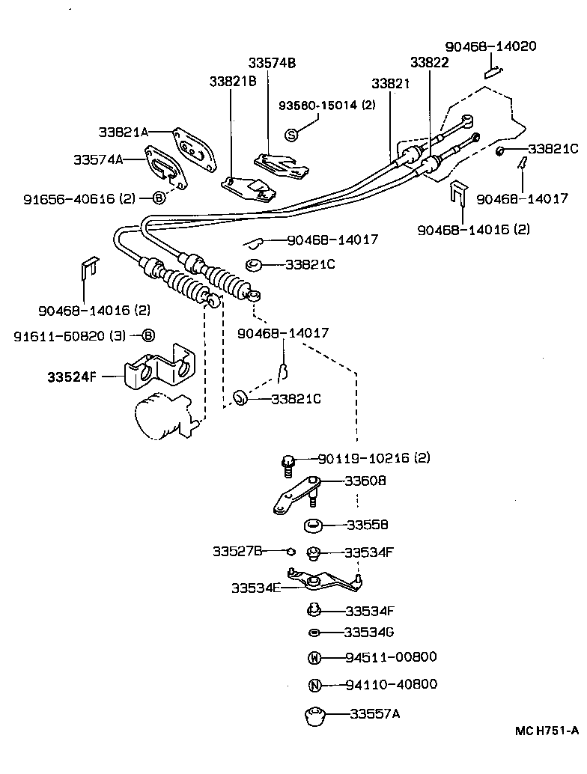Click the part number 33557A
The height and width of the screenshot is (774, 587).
pyautogui.click(x=374, y=713)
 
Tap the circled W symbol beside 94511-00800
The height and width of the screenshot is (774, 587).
pyautogui.click(x=314, y=658)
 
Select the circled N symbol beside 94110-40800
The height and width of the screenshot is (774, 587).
pyautogui.click(x=314, y=685)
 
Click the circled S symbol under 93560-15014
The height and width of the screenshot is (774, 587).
pyautogui.click(x=293, y=134)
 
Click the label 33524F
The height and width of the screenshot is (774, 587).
pyautogui.click(x=72, y=377)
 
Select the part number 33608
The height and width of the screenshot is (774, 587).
pyautogui.click(x=365, y=481)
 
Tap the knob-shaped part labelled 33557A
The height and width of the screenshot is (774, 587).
pyautogui.click(x=316, y=715)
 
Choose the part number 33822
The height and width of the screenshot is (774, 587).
pyautogui.click(x=429, y=63)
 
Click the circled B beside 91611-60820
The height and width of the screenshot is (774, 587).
pyautogui.click(x=148, y=335)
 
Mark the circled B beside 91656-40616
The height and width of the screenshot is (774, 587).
pyautogui.click(x=159, y=198)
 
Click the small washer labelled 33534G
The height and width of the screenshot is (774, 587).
pyautogui.click(x=314, y=633)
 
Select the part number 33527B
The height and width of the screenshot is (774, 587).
pyautogui.click(x=237, y=552)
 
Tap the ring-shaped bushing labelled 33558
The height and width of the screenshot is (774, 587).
pyautogui.click(x=313, y=525)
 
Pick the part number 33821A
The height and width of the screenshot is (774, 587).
pyautogui.click(x=124, y=132)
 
